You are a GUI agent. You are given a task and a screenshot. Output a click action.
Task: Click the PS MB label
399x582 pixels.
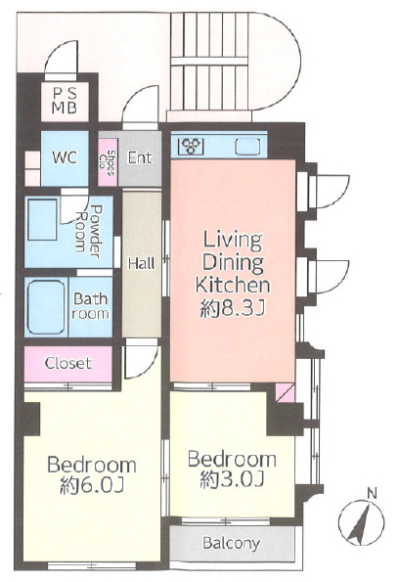coord(65,100)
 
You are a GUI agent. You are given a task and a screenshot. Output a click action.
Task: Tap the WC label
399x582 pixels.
coord(65,157)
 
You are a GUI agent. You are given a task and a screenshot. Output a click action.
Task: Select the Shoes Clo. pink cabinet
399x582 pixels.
coord(108,162)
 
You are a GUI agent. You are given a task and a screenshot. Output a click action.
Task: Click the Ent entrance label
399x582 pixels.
coord(140,157)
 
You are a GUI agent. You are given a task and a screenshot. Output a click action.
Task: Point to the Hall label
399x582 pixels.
coord(142,263)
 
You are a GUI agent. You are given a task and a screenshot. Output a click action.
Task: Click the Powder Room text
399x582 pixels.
coord(89,232)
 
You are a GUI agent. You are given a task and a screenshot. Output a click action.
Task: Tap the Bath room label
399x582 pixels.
coord(91,306)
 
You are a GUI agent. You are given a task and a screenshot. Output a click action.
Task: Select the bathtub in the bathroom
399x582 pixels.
coord(46,308)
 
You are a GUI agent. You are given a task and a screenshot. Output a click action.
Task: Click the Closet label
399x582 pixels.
coord(68,363)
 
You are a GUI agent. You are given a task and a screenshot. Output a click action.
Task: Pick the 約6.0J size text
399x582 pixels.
coord(91,485)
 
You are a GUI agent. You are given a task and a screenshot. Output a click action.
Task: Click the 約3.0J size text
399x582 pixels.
coord(232,479)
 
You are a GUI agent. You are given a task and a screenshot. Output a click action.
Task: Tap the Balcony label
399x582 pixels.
coord(231,544)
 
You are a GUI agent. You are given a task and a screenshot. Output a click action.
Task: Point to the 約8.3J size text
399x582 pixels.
coord(233,308)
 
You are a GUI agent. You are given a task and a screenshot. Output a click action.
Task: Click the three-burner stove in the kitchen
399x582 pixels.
coord(191,146)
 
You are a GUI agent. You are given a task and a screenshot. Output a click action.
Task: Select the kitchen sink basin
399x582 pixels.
coord(247,147)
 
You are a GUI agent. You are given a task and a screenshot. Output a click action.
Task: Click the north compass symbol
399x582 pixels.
coord(362,522)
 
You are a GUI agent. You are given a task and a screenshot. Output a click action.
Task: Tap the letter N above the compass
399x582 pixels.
coord(372,494)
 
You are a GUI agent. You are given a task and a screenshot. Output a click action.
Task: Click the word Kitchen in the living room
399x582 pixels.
coord(233,285)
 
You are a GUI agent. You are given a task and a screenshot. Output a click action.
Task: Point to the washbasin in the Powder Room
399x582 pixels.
coord(43,220)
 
